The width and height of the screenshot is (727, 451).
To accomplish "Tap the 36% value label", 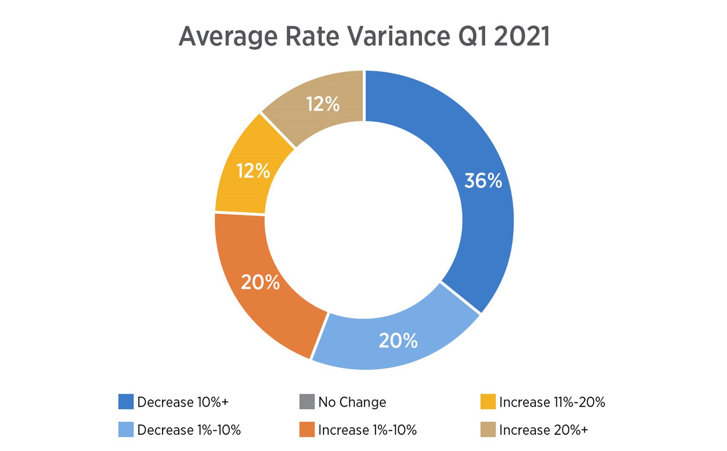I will [483, 181].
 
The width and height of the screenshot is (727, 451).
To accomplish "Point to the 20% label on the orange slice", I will [260, 282].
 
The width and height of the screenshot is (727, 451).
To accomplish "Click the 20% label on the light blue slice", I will [398, 341].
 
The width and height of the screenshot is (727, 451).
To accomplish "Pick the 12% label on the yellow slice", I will [253, 171].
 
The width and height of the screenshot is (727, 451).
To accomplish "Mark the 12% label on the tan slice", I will [323, 104].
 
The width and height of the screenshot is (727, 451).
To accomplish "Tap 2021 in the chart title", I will [522, 36].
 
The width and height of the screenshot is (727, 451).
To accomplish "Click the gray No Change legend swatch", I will [307, 402].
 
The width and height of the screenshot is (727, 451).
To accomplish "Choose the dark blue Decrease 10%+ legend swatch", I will [126, 402].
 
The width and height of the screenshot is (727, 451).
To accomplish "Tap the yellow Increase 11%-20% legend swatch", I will [488, 402].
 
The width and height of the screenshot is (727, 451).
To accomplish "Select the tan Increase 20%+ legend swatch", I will [488, 430].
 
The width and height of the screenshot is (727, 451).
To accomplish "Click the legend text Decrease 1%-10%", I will [189, 430].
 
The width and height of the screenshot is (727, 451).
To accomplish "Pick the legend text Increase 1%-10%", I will [367, 430].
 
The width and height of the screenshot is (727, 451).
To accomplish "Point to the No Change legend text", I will [352, 402].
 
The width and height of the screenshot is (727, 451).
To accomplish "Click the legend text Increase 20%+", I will [543, 430].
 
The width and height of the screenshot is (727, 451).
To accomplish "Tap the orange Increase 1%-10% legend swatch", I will [307, 430].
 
